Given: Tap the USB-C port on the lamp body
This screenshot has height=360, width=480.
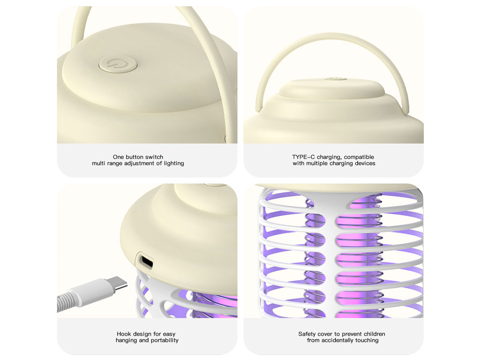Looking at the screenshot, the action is [145, 261].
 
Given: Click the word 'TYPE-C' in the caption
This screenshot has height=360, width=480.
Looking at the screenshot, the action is [303, 157].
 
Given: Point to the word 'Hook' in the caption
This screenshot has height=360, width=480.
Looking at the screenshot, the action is [124, 334].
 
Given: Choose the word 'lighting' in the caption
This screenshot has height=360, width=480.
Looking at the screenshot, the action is [174, 164].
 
